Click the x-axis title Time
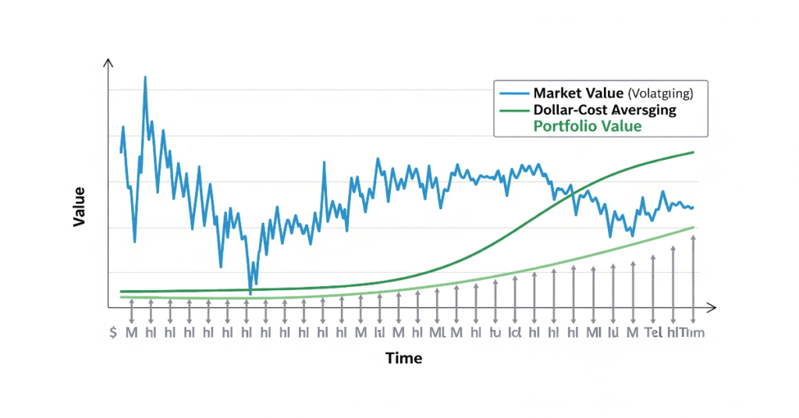click(403, 358)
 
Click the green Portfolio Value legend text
click(586, 126)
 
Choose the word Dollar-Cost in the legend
click(570, 110)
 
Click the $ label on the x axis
click(114, 332)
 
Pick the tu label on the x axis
click(495, 332)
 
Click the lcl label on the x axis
click(514, 332)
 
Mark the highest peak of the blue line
click(145, 78)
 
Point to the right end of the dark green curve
click(694, 152)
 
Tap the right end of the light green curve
click(694, 227)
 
